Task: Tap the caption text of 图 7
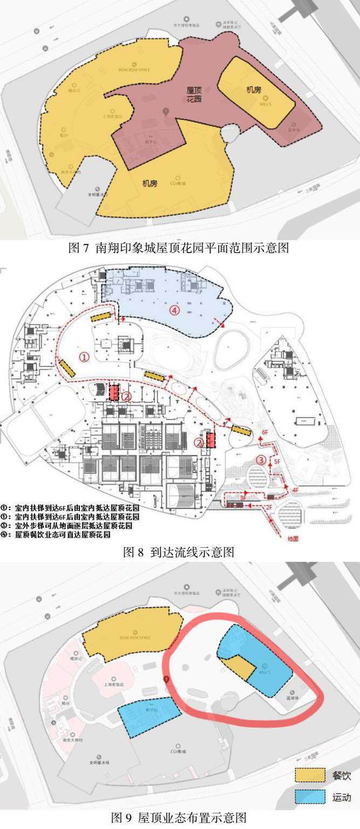pos(180,248)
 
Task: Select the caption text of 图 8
pos(179,552)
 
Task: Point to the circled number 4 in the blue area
pos(173,310)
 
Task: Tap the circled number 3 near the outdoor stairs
pos(261,460)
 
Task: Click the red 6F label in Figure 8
pos(264,433)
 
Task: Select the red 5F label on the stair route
pos(278,462)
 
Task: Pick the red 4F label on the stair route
pos(295,490)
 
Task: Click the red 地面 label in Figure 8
pos(293,538)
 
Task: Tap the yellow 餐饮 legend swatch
pos(310,776)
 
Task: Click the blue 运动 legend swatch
pos(310,797)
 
